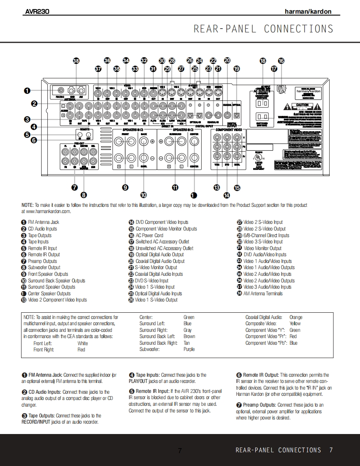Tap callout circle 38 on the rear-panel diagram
point(76,61)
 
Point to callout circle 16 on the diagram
point(281,61)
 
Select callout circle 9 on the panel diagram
point(125,187)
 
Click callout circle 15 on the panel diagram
point(237,188)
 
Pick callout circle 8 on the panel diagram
point(84,194)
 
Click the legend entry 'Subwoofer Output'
point(44,267)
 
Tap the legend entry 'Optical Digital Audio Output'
point(159,255)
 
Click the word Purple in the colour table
point(189,350)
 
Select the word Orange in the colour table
point(296,317)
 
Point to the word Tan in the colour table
point(187,343)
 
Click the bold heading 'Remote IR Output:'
point(261,375)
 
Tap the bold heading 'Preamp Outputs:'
point(259,405)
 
